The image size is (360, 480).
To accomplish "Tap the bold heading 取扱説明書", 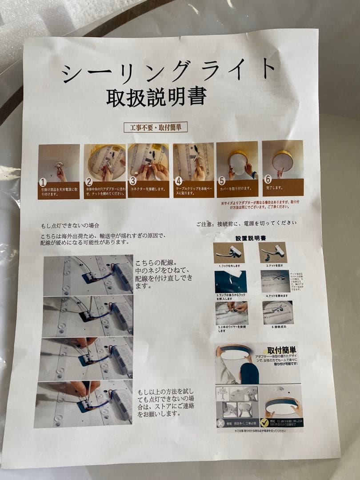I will coord(156,97).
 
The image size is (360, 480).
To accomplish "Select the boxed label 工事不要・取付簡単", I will coord(156,127).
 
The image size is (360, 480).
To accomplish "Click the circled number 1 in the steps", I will coord(43,182).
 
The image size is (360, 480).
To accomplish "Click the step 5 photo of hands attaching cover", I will coord(237,160).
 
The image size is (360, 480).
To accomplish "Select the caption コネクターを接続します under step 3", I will coord(148,189).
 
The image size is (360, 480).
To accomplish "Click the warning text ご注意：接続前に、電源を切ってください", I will coord(246,223).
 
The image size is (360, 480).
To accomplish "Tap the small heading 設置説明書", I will coord(250,238).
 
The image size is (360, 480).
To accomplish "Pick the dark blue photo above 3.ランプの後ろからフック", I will coord(231,281).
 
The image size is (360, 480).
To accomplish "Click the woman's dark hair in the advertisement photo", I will coord(250,373).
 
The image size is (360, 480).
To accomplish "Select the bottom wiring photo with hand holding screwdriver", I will coord(84,404).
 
